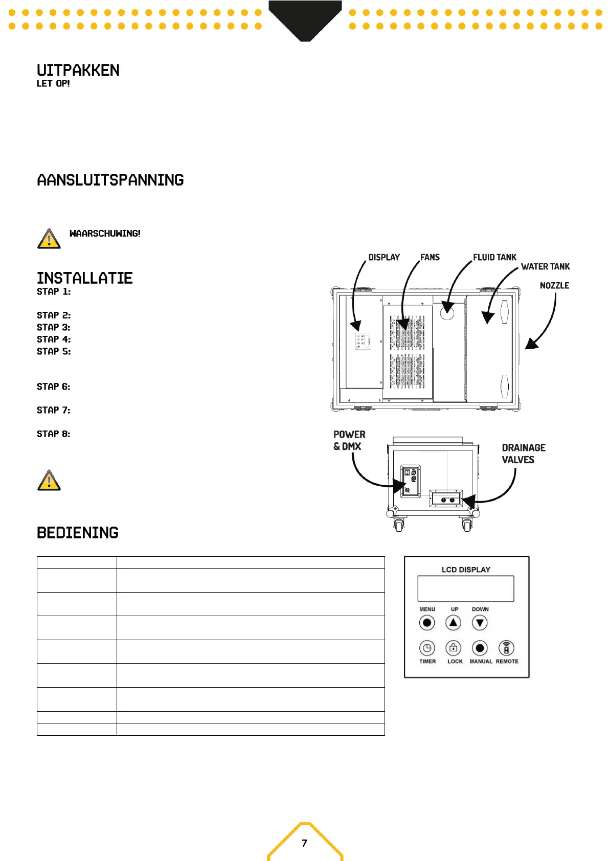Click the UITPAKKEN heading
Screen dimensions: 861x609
click(x=78, y=71)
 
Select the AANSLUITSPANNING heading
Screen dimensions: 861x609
click(x=110, y=180)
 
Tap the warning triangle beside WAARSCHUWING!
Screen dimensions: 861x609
click(x=49, y=239)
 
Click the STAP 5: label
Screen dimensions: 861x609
click(x=54, y=351)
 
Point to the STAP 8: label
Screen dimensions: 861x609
click(x=54, y=434)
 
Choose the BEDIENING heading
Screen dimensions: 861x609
click(x=77, y=533)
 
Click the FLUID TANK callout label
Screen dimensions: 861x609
click(x=494, y=257)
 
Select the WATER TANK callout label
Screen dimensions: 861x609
click(x=545, y=266)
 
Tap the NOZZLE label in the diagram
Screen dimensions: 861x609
click(x=554, y=285)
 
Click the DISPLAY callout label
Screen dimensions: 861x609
click(x=384, y=257)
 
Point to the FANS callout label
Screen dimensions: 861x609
click(x=430, y=257)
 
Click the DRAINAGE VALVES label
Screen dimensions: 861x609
click(x=523, y=454)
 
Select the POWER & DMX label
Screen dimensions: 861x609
click(x=349, y=440)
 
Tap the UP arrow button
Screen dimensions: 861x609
click(x=453, y=623)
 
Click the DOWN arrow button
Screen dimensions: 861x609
click(x=480, y=623)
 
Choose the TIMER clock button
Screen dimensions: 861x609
click(x=427, y=648)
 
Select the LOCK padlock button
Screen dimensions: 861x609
click(x=453, y=648)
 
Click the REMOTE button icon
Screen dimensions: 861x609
click(x=506, y=648)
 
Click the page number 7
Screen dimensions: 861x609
click(x=304, y=843)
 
